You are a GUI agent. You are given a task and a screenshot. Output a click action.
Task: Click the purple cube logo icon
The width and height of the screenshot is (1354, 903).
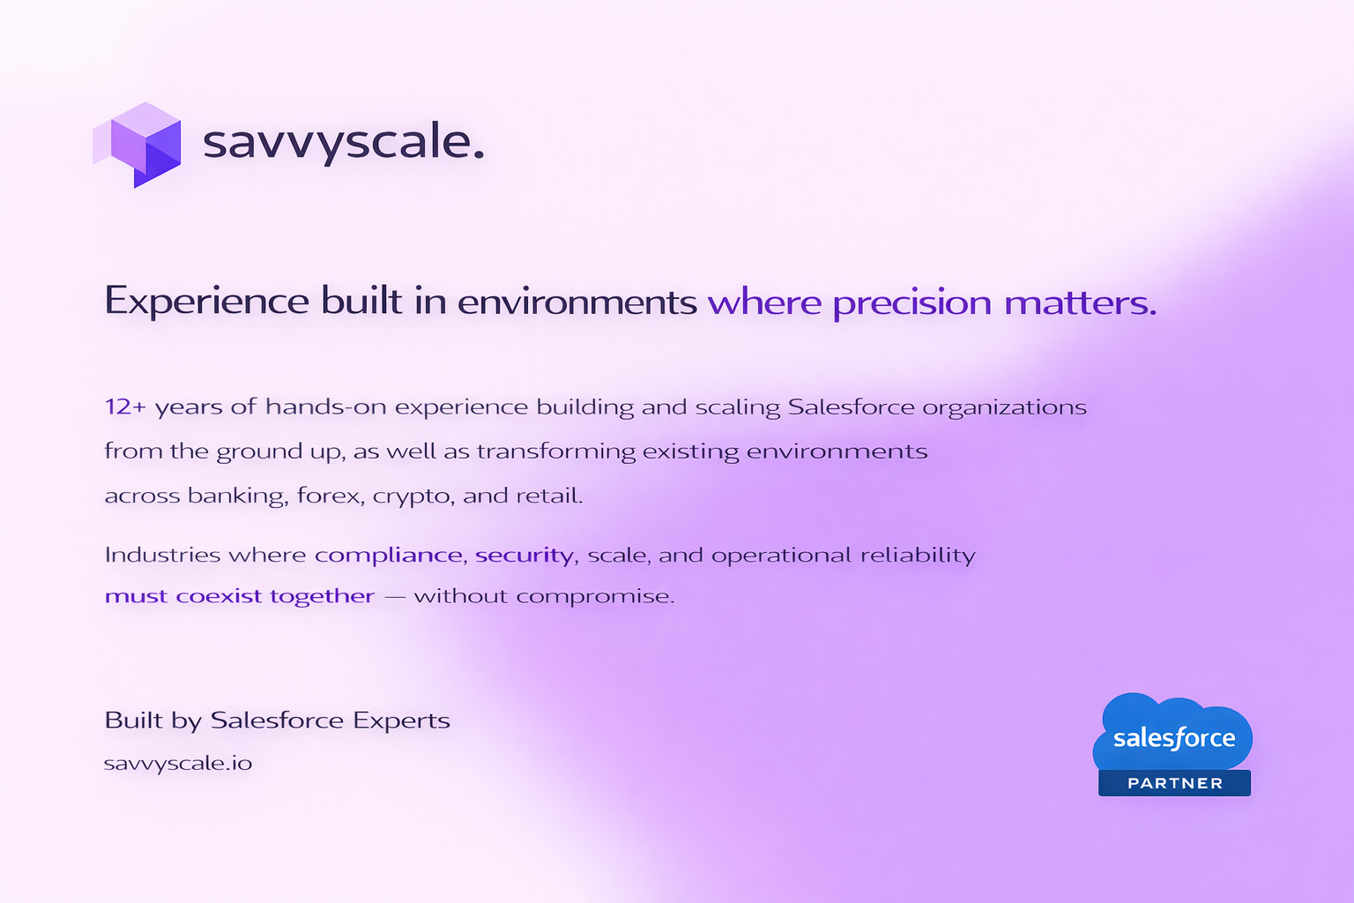pos(138,146)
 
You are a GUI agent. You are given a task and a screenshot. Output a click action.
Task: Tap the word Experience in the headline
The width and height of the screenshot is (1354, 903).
pos(207,302)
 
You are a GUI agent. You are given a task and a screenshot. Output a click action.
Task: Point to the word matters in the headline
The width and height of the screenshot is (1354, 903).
pos(1080,302)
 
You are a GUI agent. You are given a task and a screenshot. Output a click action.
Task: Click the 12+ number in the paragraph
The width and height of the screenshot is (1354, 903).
pos(125,407)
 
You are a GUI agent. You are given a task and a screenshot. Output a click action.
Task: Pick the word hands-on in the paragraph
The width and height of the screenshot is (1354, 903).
pos(326,407)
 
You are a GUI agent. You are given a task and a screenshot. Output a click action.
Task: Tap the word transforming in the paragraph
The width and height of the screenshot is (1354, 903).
pos(555,451)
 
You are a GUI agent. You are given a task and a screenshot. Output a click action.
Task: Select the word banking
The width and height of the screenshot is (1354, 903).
pos(235,496)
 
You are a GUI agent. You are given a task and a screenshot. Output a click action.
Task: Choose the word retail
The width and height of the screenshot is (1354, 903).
pos(549,496)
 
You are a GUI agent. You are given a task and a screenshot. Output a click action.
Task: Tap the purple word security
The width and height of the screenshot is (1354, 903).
pos(524,556)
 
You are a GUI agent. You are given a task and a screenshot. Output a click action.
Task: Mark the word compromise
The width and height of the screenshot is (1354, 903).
pos(595,597)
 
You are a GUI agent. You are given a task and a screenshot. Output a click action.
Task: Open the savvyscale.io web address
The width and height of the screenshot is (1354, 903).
pos(178,764)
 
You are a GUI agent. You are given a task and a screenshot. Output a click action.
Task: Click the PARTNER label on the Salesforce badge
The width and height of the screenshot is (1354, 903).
pos(1175,783)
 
